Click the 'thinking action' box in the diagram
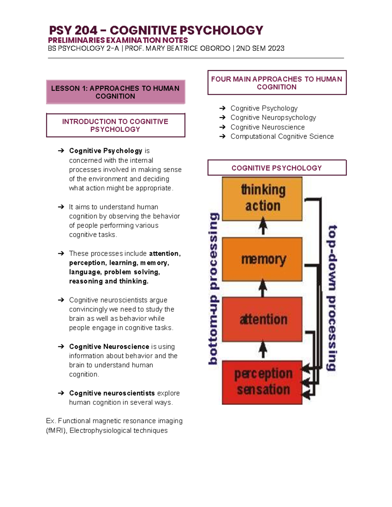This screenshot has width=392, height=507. pos(262,198)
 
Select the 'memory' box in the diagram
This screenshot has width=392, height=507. pos(262,259)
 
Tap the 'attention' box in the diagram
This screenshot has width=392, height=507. pos(262,319)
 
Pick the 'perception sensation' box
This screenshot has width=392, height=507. pos(262,382)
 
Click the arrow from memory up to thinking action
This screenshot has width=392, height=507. pos(263,226)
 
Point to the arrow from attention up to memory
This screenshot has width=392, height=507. pos(263,288)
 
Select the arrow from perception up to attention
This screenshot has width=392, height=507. pos(263,350)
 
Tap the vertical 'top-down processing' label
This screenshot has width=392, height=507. pos(332,298)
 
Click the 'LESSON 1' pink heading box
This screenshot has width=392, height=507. pos(115,92)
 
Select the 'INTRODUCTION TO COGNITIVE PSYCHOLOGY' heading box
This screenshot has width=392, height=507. pos(115,125)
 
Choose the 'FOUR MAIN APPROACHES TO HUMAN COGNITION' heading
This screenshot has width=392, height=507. pos(277,83)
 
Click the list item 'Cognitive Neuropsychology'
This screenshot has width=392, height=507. pos(273,118)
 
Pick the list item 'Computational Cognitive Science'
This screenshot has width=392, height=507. pos(282,136)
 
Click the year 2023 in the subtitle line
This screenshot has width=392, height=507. pos(276,48)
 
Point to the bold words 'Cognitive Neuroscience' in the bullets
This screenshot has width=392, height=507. pos(109,347)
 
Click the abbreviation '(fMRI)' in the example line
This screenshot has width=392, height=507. pos(57,431)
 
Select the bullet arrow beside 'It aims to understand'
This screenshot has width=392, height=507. pos(61,207)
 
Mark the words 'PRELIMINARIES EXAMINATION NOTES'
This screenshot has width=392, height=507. pos(118,40)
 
